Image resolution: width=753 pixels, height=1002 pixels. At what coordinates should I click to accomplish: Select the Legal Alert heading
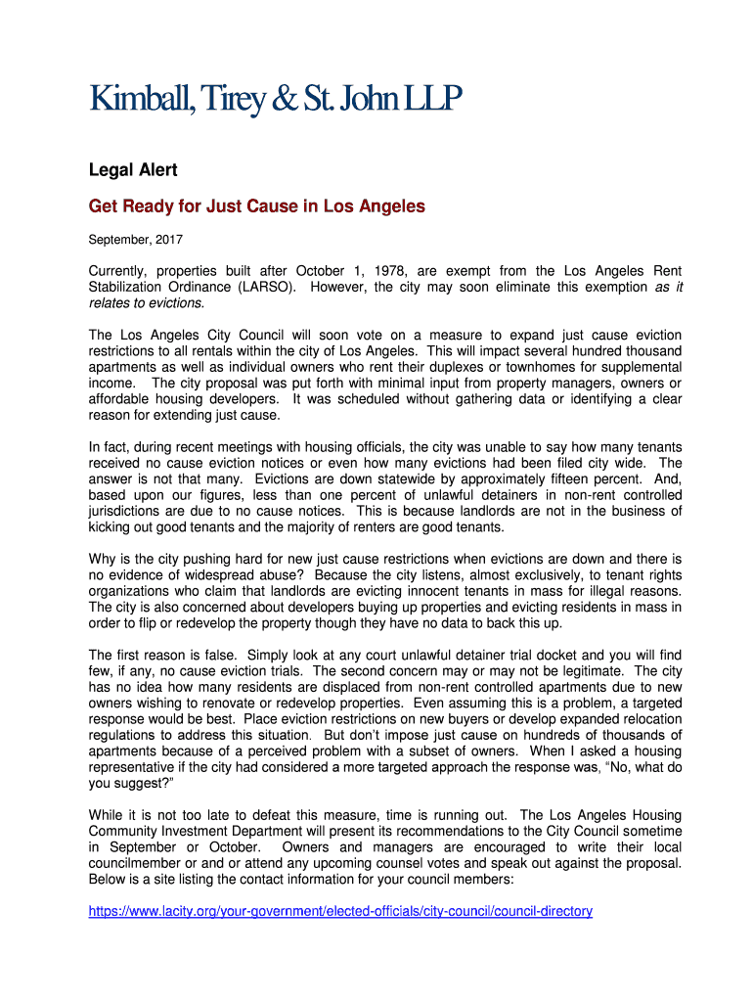[x=133, y=170]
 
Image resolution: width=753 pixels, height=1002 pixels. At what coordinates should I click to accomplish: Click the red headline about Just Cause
[x=257, y=207]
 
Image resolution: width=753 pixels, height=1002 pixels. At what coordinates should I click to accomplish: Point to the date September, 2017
[x=136, y=239]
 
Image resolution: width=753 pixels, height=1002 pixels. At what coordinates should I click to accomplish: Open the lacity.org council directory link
[x=340, y=911]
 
